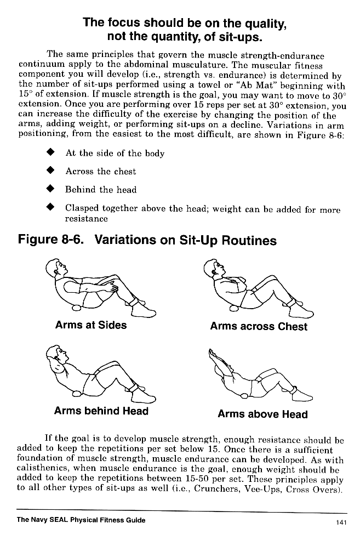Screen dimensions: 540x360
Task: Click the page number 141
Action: coord(341,522)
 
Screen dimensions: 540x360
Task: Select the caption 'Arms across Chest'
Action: coord(259,327)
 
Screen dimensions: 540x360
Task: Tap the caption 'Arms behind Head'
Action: coord(101,411)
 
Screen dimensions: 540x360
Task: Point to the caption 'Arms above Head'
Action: coord(262,414)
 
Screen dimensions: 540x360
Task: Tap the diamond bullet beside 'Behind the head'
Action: coord(51,190)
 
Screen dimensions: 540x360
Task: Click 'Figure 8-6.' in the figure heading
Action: coord(50,241)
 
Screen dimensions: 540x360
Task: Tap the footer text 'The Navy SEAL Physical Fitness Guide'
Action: coord(81,520)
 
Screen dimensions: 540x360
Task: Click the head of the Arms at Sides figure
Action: coord(56,268)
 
